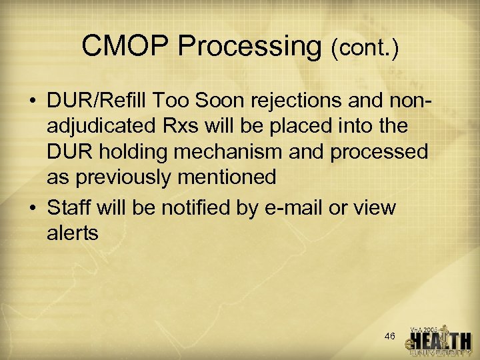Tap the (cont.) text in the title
pos(364,48)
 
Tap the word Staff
pos(70,207)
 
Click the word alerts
pos(73,233)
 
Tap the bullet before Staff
pos(33,208)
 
